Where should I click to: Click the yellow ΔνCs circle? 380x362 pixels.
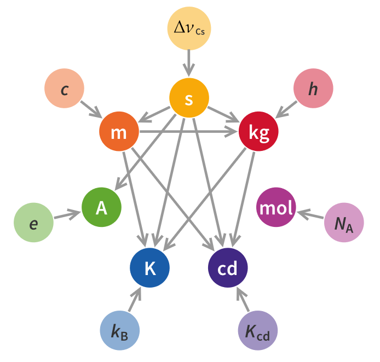189,28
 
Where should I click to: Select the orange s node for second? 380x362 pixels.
189,98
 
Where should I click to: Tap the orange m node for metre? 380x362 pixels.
119,131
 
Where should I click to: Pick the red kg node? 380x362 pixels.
258,131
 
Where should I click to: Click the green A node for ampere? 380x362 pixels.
101,207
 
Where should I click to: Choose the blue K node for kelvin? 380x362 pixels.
150,267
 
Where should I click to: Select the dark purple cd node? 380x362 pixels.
228,267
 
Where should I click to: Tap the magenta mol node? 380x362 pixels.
276,207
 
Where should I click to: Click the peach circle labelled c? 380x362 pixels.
64,89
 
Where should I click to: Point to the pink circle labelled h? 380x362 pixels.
313,89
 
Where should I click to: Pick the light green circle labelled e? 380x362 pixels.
34,223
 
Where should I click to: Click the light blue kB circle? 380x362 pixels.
120,330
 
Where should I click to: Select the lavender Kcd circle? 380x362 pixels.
258,330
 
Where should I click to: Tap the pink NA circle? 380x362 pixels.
344,223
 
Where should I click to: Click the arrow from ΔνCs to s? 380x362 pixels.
189,63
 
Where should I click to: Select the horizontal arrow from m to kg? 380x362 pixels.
188,131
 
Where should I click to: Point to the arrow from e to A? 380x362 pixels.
67,215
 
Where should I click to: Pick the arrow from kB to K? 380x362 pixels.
135,299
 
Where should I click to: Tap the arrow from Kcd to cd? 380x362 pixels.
243,299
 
